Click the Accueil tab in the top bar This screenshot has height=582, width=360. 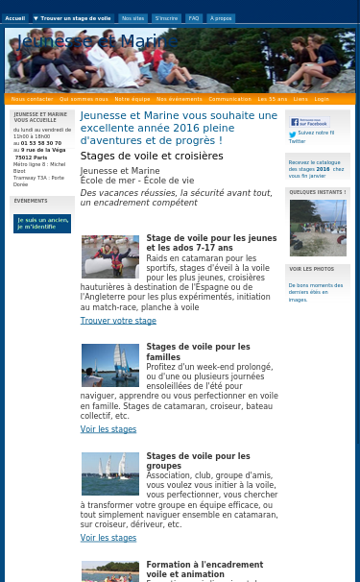click(14, 18)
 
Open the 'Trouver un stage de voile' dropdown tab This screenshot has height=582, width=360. click(73, 18)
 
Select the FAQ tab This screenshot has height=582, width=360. click(193, 18)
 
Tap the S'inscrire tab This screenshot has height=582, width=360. click(166, 18)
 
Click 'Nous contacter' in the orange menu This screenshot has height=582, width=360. click(32, 99)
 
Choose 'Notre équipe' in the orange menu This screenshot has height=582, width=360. click(132, 99)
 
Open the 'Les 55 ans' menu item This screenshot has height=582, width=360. click(272, 99)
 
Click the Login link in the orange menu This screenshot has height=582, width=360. click(321, 99)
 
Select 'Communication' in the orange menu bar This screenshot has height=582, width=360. click(229, 99)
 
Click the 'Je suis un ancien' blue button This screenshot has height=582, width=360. click(42, 224)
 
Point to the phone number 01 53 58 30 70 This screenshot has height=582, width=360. click(41, 143)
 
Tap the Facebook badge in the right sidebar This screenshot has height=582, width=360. click(309, 122)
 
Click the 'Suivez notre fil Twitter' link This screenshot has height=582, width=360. click(313, 136)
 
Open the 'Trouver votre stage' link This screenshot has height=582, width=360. click(118, 321)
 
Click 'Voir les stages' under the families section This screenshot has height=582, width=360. click(108, 429)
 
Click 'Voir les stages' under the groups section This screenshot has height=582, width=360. click(108, 538)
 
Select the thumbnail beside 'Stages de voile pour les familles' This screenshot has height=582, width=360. click(109, 366)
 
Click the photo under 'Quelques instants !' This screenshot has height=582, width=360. click(318, 228)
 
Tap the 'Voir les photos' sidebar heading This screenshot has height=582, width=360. click(311, 269)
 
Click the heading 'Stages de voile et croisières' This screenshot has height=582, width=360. click(152, 156)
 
